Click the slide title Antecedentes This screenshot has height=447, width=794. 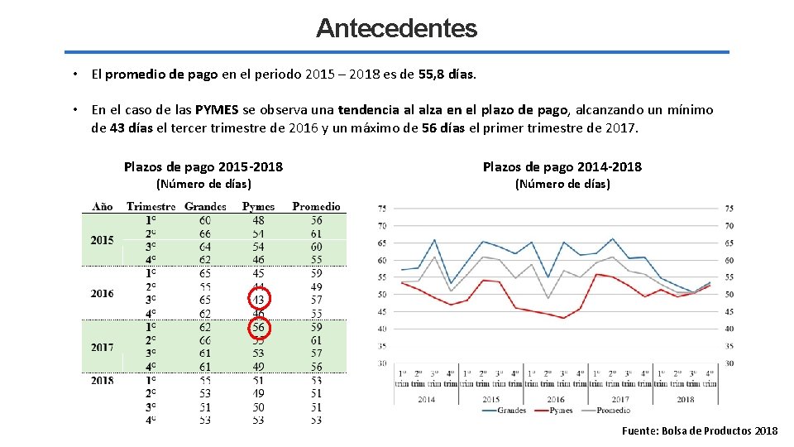396,28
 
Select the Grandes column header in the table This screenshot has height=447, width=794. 205,206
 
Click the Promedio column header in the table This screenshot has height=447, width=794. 316,206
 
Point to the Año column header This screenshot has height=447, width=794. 103,206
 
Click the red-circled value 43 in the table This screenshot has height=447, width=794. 259,299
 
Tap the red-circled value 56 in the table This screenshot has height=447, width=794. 259,327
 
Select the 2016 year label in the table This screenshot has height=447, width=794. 102,293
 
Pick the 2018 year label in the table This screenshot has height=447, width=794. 102,380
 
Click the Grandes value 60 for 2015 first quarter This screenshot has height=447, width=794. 204,220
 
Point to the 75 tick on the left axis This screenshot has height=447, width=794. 381,209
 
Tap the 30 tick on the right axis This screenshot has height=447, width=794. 729,363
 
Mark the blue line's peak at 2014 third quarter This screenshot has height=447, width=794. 434,240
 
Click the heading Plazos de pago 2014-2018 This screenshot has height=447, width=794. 562,167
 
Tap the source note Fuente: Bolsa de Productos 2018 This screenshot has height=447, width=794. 700,430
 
